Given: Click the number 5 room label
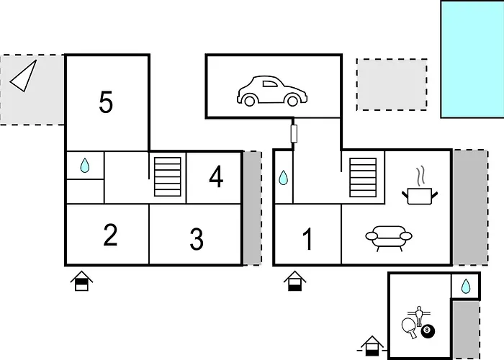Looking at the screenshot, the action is (x=106, y=102).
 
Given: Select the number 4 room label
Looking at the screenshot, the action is (x=216, y=176).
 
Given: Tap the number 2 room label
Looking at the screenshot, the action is (x=111, y=235).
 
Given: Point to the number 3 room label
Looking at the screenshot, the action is (x=197, y=239).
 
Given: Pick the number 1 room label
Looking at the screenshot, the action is (x=307, y=238).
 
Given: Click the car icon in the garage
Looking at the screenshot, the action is (x=272, y=91).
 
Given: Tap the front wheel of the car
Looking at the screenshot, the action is (x=292, y=101).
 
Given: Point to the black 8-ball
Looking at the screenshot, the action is (x=428, y=330).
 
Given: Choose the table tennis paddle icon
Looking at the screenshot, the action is (x=409, y=328).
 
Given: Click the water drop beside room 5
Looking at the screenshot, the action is (x=85, y=165).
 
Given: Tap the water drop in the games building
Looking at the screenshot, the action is (x=466, y=286).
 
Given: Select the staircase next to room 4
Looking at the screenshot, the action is (x=168, y=176).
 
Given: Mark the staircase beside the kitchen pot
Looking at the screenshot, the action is (x=363, y=177).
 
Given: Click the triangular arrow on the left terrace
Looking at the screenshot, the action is (x=24, y=76).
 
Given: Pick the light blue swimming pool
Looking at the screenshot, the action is (x=472, y=59).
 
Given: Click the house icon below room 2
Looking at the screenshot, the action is (x=81, y=281).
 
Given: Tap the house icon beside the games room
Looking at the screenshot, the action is (x=372, y=346).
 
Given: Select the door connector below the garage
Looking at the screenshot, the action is (x=294, y=134).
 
